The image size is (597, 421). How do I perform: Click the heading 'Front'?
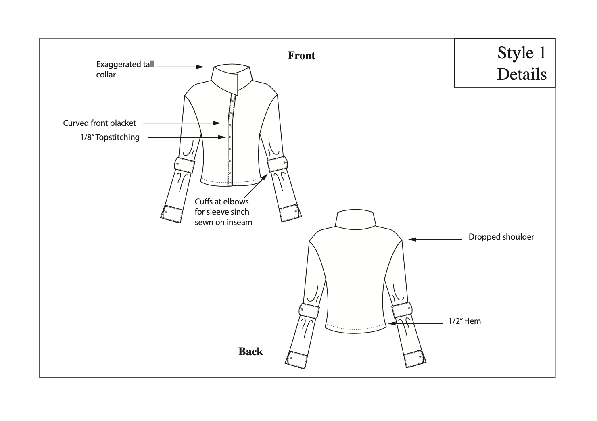coord(301,56)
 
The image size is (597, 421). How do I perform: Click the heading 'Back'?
coord(250,352)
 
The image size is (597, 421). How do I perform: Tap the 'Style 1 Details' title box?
coord(505,63)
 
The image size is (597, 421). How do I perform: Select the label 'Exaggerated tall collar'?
coord(125,69)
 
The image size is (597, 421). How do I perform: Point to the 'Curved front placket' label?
coord(100,123)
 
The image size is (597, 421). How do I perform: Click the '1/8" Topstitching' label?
coord(110,137)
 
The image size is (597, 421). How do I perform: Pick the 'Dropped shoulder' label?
coord(501,237)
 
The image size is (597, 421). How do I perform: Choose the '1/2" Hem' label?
coord(465,321)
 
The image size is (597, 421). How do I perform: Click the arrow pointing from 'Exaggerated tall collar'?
coord(180,67)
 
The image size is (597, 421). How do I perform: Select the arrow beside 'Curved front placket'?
coord(182,123)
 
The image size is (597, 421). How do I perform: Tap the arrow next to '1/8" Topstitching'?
coord(186,137)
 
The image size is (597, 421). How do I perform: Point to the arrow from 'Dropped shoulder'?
coord(435,240)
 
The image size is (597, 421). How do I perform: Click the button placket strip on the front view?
coord(230,141)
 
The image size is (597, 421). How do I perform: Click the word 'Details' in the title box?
coord(522,74)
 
